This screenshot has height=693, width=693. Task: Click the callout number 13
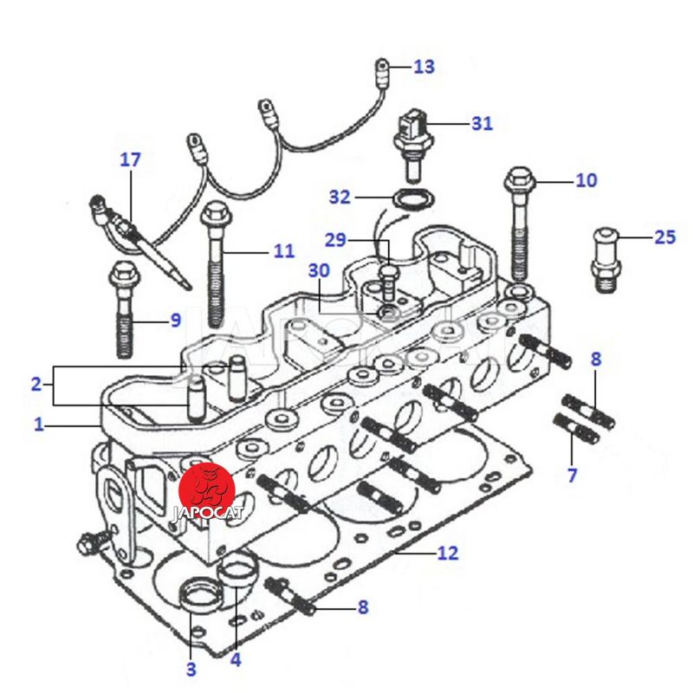pos(424,67)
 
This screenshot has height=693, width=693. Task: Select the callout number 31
pos(482,124)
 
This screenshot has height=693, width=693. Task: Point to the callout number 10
pos(586,180)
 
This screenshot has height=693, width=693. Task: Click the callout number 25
pos(664,236)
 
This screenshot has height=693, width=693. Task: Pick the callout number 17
pos(130,160)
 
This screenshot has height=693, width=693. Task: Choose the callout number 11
pos(284,252)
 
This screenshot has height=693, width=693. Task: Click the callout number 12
pos(447,553)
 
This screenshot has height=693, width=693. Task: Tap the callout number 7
pos(572,474)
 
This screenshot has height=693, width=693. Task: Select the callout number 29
pos(335,239)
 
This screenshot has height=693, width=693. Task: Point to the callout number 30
pos(320,270)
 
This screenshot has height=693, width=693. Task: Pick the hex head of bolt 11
pos(216,212)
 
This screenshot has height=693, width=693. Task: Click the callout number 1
pos(38,424)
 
